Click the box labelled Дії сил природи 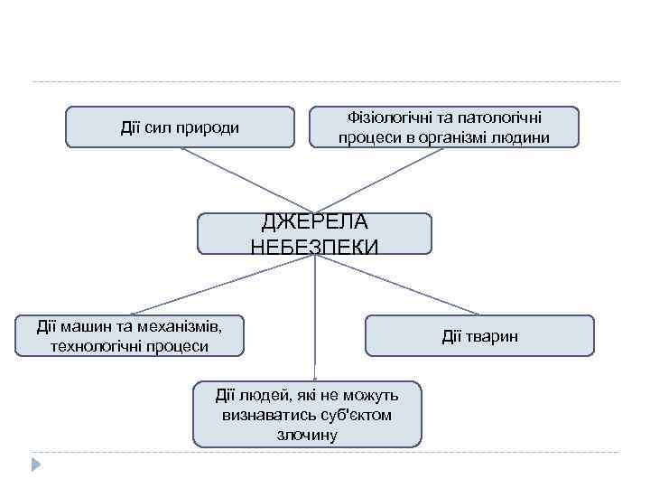[x=180, y=127]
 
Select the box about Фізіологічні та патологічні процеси [x=443, y=127]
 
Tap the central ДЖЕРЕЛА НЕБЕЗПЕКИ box [x=314, y=233]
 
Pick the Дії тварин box [x=479, y=335]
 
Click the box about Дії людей [x=307, y=415]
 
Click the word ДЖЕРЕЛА [x=314, y=222]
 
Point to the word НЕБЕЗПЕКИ [x=314, y=246]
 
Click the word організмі [x=457, y=137]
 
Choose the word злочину [x=308, y=435]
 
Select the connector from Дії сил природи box [x=244, y=180]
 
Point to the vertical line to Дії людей [x=314, y=316]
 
